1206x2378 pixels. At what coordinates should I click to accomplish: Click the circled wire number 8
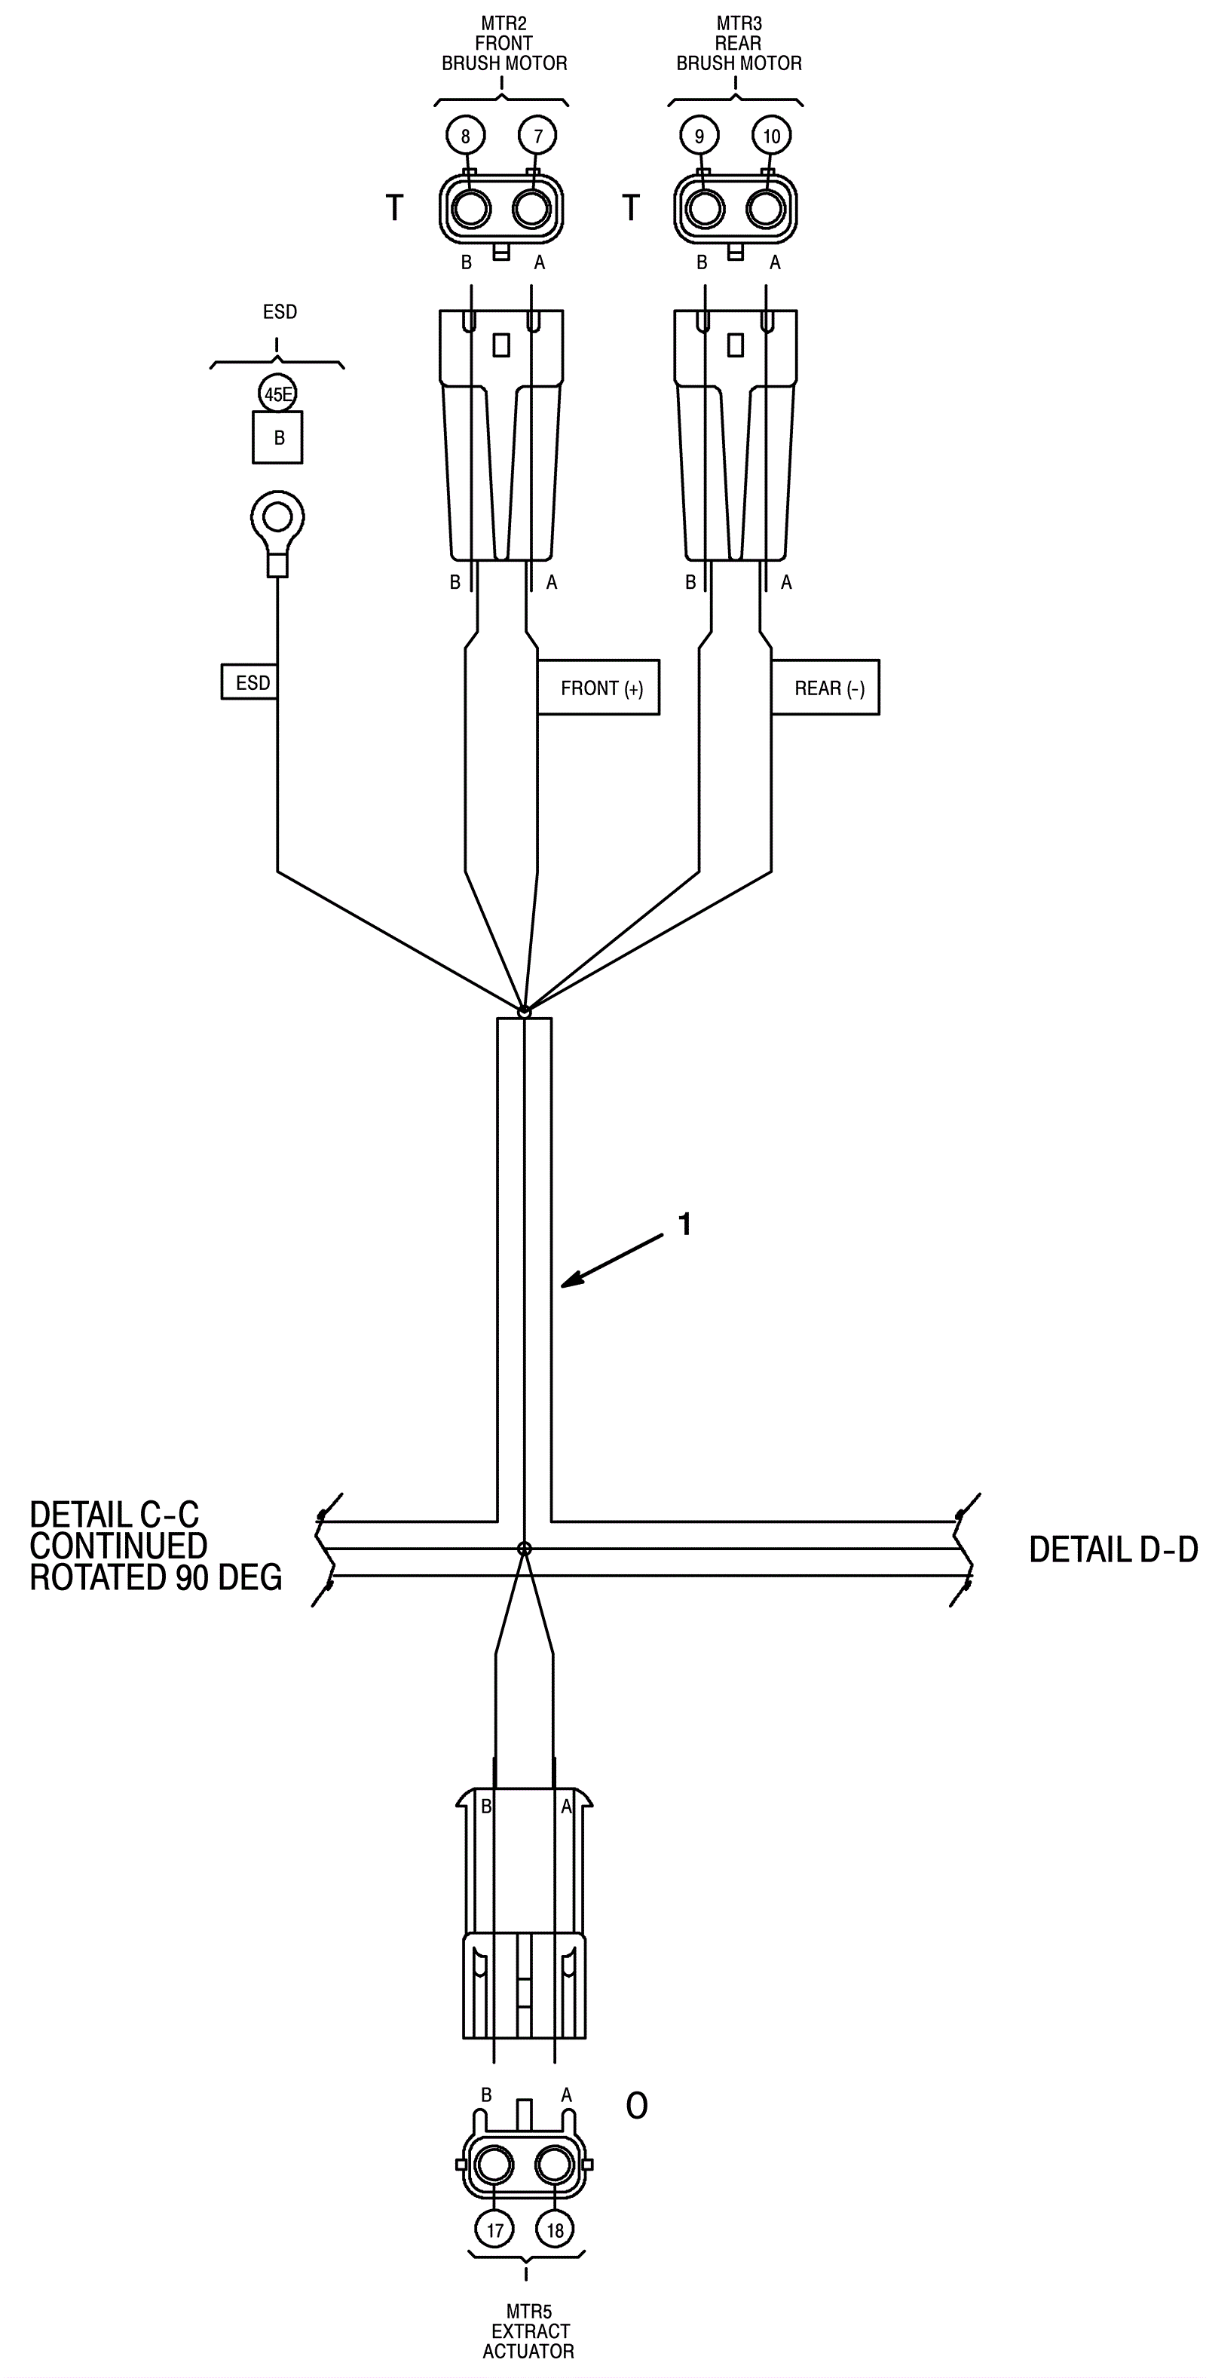[x=465, y=136]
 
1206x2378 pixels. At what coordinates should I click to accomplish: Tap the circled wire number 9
[x=699, y=136]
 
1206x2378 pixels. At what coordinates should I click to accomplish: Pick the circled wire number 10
[x=771, y=136]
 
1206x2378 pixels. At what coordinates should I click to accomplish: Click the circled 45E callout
[x=277, y=395]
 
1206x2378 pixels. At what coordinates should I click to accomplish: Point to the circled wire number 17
[x=494, y=2230]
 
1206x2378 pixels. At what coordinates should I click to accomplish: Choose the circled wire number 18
[x=555, y=2230]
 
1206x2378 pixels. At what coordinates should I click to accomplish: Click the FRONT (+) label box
[x=598, y=688]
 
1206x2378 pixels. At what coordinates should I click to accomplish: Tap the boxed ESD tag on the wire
[x=250, y=682]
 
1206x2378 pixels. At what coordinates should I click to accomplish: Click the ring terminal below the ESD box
[x=277, y=519]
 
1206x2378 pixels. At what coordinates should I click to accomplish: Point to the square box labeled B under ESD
[x=277, y=437]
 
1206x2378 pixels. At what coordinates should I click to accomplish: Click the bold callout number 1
[x=684, y=1224]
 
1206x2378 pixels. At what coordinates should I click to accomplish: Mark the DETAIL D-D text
[x=1113, y=1550]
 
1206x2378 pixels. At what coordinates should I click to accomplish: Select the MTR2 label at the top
[x=504, y=23]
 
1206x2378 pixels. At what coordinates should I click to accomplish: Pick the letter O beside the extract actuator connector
[x=637, y=2106]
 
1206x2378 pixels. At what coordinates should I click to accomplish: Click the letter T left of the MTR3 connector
[x=631, y=207]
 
